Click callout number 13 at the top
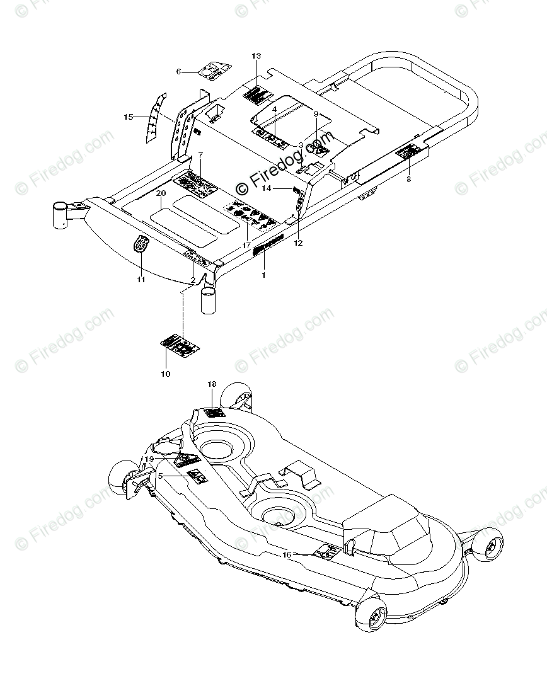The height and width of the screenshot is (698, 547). click(256, 57)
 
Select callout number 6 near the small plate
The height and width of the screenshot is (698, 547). click(178, 72)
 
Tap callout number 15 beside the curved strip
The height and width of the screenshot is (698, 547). click(129, 117)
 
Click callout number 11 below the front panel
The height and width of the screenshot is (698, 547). click(141, 279)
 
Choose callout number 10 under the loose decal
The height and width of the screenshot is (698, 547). click(166, 374)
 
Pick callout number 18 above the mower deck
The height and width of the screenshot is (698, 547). click(212, 384)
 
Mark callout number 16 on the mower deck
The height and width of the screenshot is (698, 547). click(287, 555)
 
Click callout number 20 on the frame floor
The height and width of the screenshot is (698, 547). click(161, 193)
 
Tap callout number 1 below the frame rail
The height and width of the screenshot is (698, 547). click(263, 275)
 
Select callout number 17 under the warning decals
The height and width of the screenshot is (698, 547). click(246, 244)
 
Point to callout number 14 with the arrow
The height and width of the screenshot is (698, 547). click(267, 188)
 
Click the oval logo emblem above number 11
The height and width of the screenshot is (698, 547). click(141, 243)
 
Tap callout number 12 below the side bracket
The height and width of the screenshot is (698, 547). click(298, 243)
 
